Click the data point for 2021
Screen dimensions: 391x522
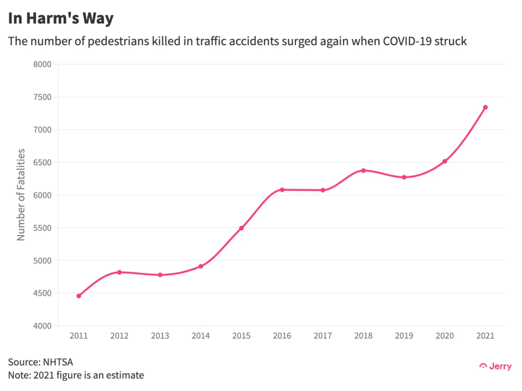coord(485,107)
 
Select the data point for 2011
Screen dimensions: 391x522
coord(79,296)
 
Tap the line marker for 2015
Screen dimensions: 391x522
coord(241,228)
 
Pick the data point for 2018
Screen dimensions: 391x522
coord(363,171)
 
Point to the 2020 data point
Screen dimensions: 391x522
coord(445,161)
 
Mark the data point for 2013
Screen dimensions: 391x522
coord(160,275)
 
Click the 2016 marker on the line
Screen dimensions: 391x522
coord(282,190)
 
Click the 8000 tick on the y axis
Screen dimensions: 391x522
coord(43,64)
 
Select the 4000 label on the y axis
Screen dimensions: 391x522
coord(43,326)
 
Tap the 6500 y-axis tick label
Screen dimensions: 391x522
coord(43,162)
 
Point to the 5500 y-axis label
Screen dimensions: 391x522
coord(43,228)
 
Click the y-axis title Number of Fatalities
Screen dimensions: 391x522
coord(21,195)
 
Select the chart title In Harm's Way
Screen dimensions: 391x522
coord(61,19)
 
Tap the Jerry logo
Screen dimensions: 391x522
coord(495,367)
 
